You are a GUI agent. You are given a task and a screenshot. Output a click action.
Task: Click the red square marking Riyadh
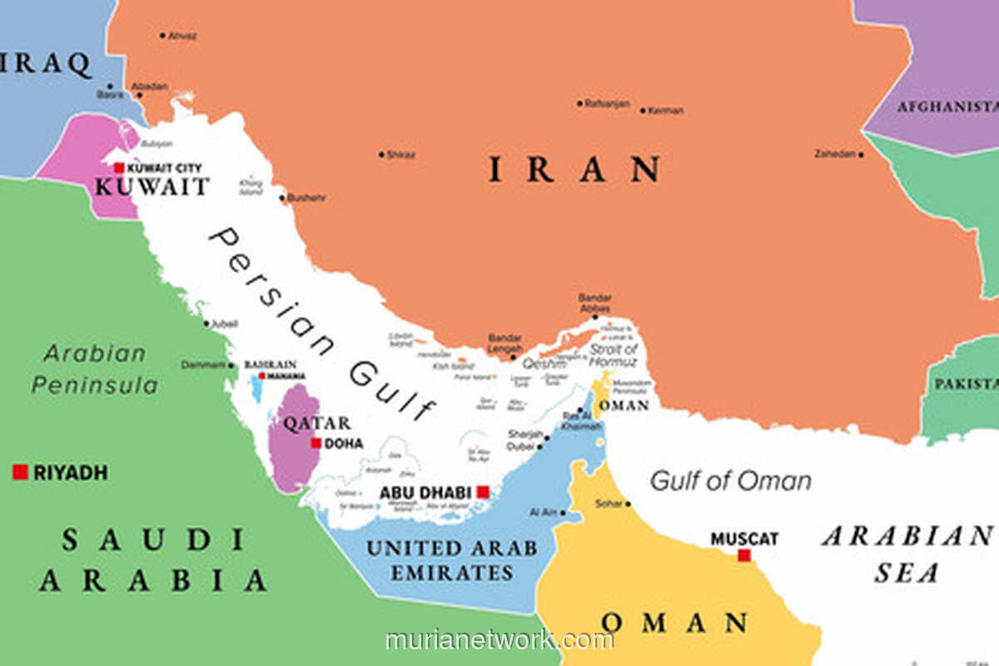20,472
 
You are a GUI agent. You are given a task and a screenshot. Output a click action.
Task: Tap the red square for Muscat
743,555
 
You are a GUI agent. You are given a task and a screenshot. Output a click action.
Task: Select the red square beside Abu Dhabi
483,492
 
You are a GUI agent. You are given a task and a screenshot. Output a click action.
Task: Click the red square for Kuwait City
119,167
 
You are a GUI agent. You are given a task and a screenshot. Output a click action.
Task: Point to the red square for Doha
316,443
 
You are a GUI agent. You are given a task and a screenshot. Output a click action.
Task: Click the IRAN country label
574,169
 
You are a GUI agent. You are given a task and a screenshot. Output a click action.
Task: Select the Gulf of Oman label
730,480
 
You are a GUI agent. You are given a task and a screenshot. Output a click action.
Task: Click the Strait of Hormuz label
614,355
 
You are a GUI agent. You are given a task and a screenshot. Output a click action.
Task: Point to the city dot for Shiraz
381,154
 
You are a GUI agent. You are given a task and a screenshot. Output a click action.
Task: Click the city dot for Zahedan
861,154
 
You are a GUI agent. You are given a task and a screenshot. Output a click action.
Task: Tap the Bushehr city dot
282,198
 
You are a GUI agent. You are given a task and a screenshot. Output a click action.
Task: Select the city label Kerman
665,110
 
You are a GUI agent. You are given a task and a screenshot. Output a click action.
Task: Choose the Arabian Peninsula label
94,368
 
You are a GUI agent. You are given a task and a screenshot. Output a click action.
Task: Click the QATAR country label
316,423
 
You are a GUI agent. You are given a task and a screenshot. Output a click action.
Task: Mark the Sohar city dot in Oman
628,504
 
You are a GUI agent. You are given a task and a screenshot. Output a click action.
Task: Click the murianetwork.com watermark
499,639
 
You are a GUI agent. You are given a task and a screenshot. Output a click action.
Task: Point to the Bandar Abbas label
595,303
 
